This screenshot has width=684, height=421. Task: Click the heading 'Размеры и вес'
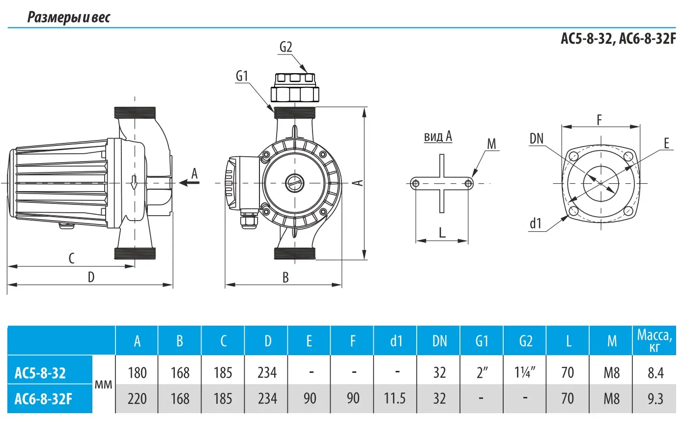[69, 18]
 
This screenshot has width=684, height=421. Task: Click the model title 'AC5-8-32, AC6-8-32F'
[618, 39]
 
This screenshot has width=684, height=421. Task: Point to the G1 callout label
[242, 76]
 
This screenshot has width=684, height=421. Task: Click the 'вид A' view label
[437, 137]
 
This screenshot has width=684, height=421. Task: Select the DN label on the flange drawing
[537, 139]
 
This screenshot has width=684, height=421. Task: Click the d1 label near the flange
[535, 225]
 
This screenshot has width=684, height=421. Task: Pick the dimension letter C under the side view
[71, 258]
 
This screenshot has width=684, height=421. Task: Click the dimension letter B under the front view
[285, 277]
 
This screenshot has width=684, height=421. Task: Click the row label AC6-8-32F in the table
[43, 398]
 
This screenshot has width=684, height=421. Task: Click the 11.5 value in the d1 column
[395, 398]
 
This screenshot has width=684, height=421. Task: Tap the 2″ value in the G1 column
[482, 373]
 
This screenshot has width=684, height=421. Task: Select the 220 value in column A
[137, 398]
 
